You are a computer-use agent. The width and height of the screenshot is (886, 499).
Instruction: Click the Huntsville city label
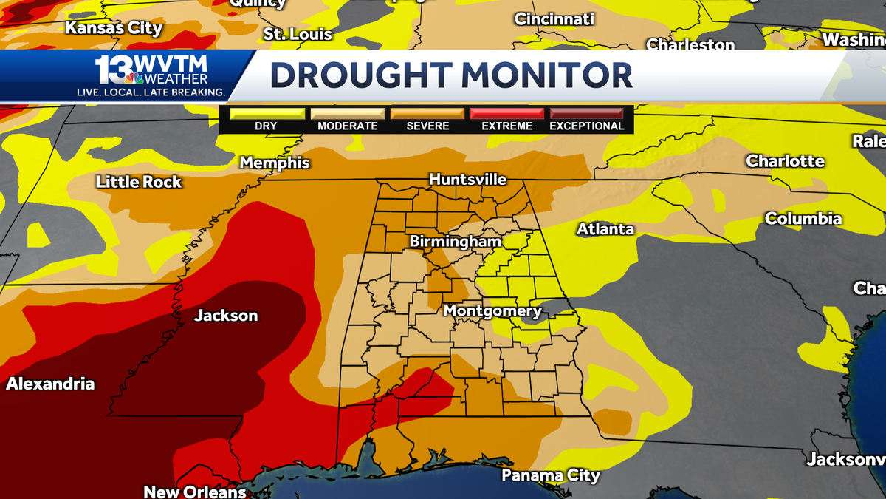467,180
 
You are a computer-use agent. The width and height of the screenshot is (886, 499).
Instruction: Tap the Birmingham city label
456,242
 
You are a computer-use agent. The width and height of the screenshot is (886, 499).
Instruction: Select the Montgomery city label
492,311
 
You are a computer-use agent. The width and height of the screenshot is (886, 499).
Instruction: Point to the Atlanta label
605,229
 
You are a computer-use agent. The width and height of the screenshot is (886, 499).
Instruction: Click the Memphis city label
274,163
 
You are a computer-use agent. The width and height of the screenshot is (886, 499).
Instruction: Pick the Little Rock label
139,182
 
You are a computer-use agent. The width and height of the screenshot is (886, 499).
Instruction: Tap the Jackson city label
226,316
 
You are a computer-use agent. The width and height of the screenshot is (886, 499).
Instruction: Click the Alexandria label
50,384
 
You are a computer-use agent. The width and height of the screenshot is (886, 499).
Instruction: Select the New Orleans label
194,492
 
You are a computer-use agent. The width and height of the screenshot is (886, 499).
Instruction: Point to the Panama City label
551,475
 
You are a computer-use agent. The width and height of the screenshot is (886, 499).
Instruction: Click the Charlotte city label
785,160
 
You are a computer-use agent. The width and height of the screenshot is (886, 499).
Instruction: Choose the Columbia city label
803,219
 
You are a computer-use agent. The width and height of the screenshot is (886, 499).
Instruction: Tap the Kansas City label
114,29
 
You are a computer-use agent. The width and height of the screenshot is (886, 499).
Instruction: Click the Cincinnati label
554,19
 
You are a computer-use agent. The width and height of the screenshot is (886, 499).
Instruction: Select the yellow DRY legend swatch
267,113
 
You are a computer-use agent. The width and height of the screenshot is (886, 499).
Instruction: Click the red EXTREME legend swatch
507,113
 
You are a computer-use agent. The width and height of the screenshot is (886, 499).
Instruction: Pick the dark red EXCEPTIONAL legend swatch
587,113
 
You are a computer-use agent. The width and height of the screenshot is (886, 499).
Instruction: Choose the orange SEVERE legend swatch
427,113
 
